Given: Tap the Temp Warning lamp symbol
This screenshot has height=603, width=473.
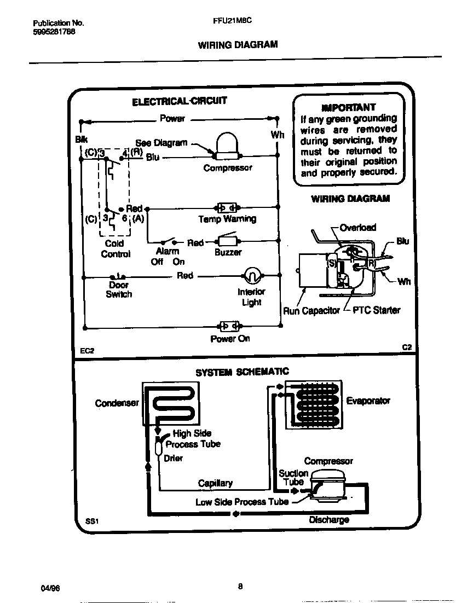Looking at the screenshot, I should pos(227,208).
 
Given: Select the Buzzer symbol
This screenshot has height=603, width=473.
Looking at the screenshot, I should pos(227,241).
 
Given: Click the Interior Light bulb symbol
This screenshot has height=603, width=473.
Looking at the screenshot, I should pos(251,275).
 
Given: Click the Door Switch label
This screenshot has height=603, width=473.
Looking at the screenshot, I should pos(119,289).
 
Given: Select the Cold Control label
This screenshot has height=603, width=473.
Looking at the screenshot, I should pos(116,248).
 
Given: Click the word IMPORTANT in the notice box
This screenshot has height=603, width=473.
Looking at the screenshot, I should pos(349,107).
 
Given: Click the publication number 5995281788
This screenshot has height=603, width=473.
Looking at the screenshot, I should pos(54,32).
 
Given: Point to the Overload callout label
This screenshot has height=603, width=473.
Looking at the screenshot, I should pos(357,228).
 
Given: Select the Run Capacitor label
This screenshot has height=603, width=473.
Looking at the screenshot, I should pos(311,311).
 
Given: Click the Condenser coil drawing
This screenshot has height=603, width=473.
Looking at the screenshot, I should pos(170,404).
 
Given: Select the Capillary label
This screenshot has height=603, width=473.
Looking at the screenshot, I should pos(215,483).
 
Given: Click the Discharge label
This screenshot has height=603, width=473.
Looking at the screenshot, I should pos(329,520).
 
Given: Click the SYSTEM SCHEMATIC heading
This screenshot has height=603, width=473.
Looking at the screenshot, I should pos(242,372).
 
